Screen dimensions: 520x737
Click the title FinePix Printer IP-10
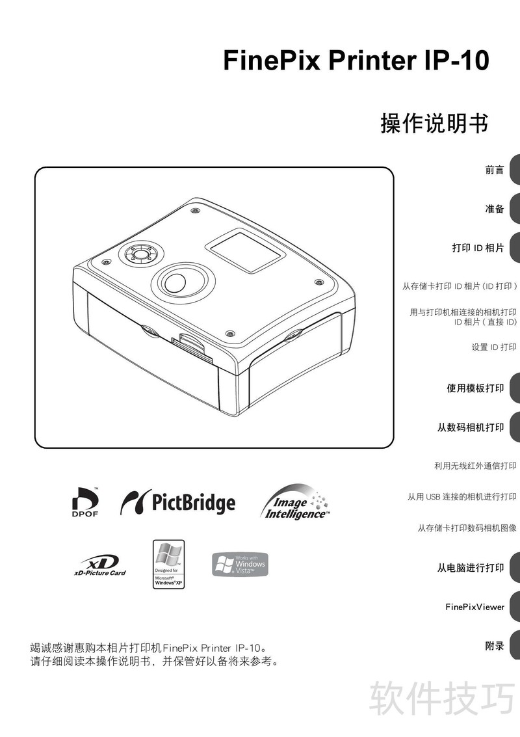click(x=356, y=60)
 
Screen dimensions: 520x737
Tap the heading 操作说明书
click(x=434, y=124)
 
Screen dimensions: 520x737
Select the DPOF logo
click(x=85, y=502)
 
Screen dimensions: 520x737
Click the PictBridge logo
click(x=177, y=502)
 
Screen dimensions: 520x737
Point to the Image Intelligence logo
click(x=295, y=502)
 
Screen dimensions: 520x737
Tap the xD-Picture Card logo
click(x=100, y=565)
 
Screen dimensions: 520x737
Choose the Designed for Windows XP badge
click(x=168, y=564)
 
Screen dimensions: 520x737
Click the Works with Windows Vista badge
click(x=240, y=564)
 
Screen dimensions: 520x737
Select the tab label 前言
click(x=495, y=170)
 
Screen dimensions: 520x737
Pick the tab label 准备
click(x=495, y=209)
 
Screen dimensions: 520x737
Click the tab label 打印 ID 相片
click(x=478, y=248)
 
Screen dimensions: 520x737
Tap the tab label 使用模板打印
click(x=475, y=388)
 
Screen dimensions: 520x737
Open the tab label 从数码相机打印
click(x=471, y=427)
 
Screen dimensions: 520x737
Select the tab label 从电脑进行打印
click(x=471, y=568)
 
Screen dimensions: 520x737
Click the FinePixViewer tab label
click(x=475, y=607)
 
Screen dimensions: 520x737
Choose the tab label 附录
click(x=495, y=646)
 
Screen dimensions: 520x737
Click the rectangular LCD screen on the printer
click(x=246, y=250)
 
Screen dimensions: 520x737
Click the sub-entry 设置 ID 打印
click(x=494, y=347)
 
